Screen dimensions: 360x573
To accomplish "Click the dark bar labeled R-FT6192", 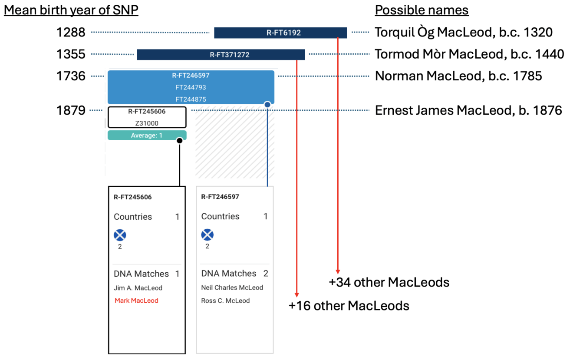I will [x=280, y=33].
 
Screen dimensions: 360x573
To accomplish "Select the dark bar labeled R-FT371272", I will [x=221, y=55].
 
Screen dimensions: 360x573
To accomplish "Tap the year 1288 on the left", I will [x=71, y=32].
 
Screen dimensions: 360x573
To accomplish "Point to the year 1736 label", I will [x=71, y=76].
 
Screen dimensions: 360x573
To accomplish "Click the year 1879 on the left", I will [x=71, y=111].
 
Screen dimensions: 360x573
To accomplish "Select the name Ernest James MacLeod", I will [x=468, y=111].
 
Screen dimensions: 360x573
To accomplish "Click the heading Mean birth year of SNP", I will [x=71, y=10].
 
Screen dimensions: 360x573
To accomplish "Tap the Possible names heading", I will [x=422, y=10].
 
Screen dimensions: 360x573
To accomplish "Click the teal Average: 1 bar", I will [x=147, y=135].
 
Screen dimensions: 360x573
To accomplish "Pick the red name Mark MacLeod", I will [x=136, y=301].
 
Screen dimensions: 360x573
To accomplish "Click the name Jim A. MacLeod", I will [x=138, y=288].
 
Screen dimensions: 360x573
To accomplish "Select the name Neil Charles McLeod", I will [x=232, y=287].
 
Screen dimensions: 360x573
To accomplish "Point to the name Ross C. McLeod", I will [x=225, y=301].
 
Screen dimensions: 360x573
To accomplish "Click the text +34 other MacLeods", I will [x=389, y=282].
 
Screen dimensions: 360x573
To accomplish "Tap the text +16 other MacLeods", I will [x=349, y=306].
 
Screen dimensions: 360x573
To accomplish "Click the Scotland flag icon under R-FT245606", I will [x=120, y=235].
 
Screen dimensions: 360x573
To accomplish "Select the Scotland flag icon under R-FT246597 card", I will [x=207, y=235].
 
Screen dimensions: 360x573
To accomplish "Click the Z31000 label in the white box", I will [x=147, y=123].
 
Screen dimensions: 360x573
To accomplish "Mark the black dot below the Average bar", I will [x=179, y=140].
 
